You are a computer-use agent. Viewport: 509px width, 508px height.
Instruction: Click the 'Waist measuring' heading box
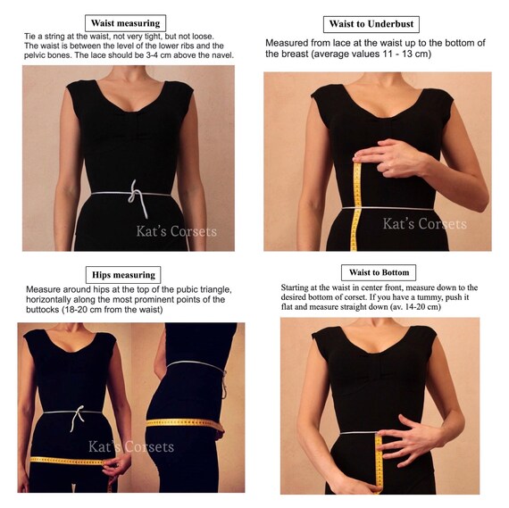click(125, 23)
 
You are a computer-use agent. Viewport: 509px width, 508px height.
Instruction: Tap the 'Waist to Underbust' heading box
click(371, 24)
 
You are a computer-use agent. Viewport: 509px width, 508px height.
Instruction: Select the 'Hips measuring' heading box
click(123, 275)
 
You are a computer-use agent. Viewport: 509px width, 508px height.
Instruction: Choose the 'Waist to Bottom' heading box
click(379, 272)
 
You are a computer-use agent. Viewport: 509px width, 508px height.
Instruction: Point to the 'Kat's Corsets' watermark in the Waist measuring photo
click(176, 231)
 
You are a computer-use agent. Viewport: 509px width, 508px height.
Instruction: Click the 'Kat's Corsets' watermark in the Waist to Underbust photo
click(424, 224)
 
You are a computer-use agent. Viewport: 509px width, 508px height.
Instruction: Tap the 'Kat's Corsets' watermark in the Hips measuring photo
click(131, 446)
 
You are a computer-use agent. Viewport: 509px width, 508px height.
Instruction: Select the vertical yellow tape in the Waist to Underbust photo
click(356, 206)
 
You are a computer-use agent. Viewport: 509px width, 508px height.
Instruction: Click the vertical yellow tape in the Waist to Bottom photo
click(379, 463)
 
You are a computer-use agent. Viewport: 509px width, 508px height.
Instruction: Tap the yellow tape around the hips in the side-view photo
click(184, 423)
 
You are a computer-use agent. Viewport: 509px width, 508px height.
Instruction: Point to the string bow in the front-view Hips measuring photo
click(77, 418)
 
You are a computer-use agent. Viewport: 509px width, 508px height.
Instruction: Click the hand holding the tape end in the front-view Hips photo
click(116, 465)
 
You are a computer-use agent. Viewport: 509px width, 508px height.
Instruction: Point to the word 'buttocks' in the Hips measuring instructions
click(42, 309)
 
